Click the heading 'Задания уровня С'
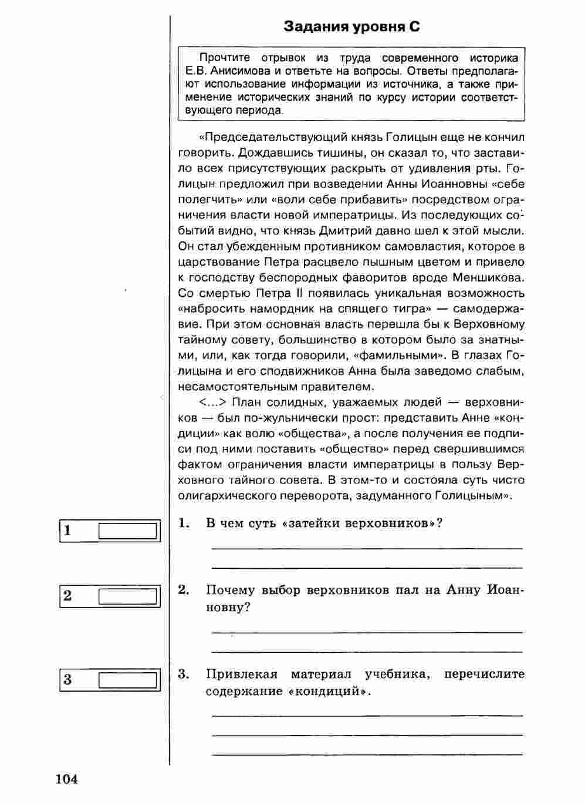(351, 26)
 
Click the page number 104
(67, 779)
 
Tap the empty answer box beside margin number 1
(128, 531)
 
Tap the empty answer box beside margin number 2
(128, 597)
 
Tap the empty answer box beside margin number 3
(128, 680)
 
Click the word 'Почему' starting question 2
(231, 590)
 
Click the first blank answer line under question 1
(366, 547)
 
